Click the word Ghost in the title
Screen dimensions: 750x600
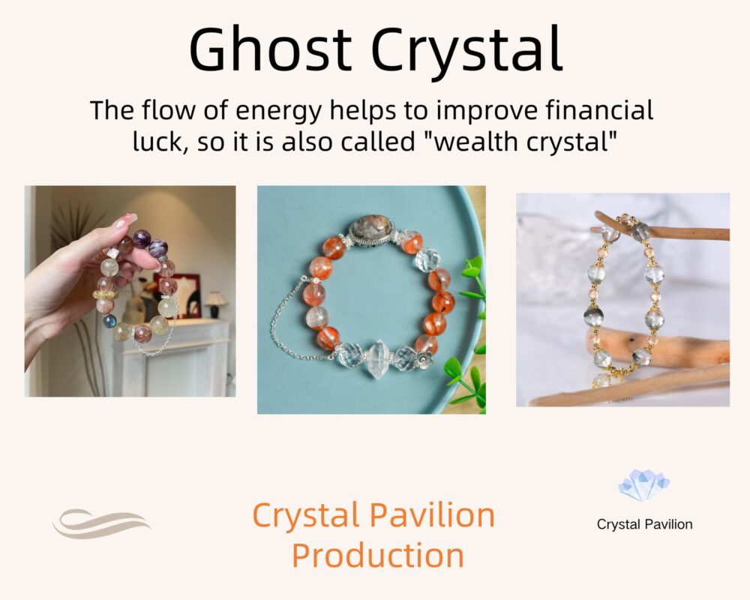(x=271, y=49)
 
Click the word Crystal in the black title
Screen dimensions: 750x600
(x=466, y=52)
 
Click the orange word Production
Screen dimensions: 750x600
(x=378, y=555)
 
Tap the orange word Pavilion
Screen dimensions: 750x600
(x=433, y=514)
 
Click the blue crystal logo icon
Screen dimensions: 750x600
(x=643, y=485)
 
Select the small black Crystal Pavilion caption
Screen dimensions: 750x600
(x=644, y=524)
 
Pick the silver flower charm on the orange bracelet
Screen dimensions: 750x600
(x=423, y=358)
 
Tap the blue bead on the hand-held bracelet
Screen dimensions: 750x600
(x=109, y=320)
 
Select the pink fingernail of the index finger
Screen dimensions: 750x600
(x=125, y=221)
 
